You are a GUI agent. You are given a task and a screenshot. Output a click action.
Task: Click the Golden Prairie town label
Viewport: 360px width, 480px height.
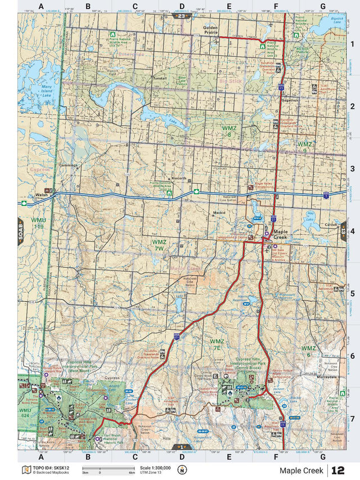point(216,29)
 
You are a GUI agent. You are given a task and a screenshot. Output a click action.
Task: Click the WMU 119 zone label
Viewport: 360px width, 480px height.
point(38,223)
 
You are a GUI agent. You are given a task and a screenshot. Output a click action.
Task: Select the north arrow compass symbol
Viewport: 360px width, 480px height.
point(182,470)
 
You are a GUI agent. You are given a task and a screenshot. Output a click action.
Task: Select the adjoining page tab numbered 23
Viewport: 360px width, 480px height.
point(181,17)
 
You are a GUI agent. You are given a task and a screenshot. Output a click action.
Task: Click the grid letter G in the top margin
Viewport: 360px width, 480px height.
point(322,7)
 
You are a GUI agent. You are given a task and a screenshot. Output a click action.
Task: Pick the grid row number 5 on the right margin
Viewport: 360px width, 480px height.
point(352,293)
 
